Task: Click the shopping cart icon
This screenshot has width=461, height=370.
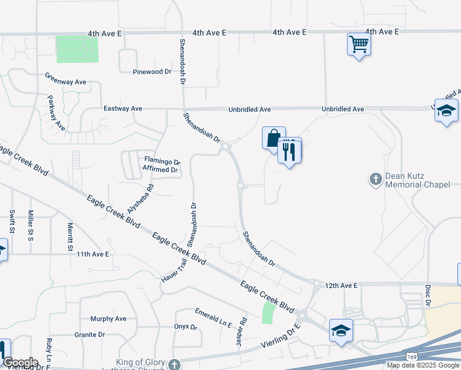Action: coord(358,44)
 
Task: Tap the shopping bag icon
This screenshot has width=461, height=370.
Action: coord(273,138)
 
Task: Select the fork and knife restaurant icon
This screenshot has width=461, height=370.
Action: coord(289,150)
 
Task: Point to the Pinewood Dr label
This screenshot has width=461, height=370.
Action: coord(152,72)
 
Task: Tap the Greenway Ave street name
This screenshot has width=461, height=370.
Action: coord(65,82)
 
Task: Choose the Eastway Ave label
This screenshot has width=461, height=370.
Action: coord(123,109)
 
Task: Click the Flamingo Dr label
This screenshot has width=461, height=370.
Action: coord(161,161)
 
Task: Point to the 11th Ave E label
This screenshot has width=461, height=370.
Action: coord(92,254)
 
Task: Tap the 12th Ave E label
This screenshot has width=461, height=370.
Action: coord(341,286)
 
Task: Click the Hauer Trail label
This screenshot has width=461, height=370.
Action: coord(173,269)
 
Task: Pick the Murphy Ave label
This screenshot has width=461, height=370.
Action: coord(108,319)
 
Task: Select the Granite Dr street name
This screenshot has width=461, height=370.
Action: coord(89,335)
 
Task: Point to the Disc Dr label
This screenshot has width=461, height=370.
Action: coord(426,295)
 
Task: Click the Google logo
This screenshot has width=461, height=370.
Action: coord(20,363)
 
